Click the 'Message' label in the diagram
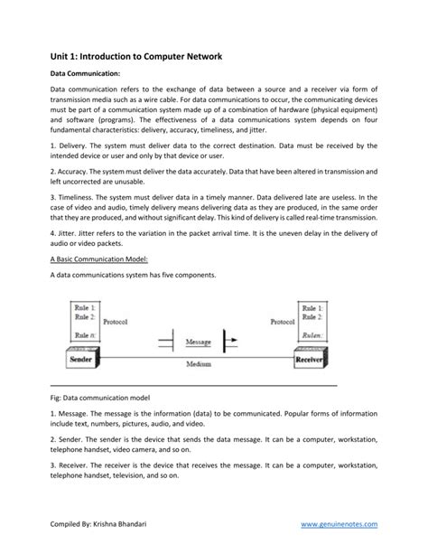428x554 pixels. pyautogui.click(x=197, y=343)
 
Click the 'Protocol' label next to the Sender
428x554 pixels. pyautogui.click(x=115, y=321)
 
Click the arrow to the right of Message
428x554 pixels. pyautogui.click(x=231, y=343)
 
